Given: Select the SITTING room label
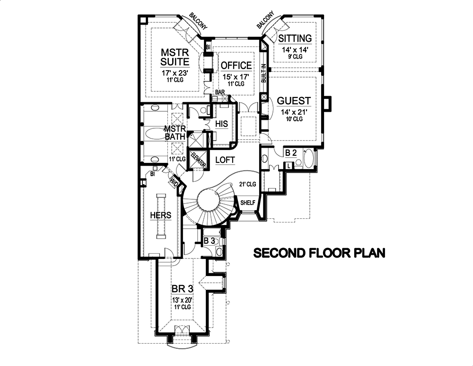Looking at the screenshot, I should pos(295,38).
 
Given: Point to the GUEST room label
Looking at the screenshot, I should pos(294,101).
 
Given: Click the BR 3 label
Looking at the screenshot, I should pos(182,288).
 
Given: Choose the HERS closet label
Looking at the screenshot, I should pos(160,215).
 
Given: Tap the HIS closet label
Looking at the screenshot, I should pos(221,124).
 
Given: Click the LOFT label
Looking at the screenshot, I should pos(225,160).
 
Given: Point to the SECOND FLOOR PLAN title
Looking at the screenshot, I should pos(320,253).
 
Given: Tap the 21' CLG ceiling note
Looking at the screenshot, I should pos(247,184).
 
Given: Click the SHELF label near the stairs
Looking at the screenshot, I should pos(247,203).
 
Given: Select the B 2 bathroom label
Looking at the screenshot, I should pos(291,153).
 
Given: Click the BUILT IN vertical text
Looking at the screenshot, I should pos(264,73).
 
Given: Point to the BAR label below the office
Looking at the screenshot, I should pos(219,93).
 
